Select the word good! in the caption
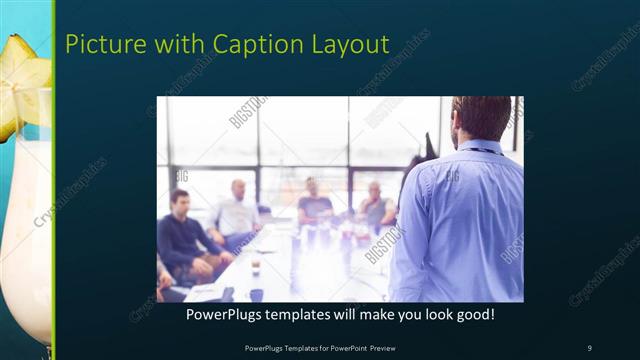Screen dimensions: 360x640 point(473,315)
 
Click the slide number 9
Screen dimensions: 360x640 point(589,347)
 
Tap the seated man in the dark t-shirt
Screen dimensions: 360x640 point(314,205)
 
